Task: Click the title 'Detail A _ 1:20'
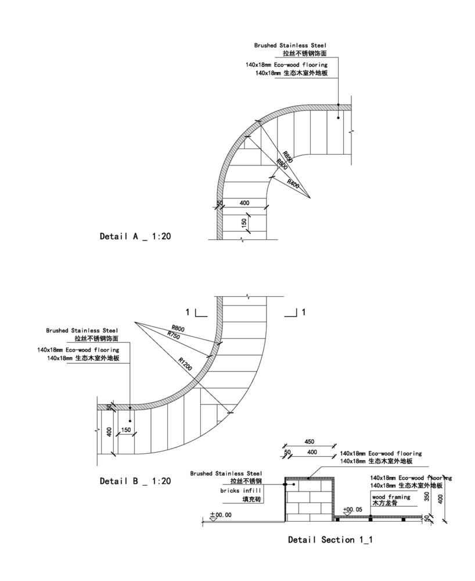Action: (135, 236)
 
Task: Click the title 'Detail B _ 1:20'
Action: (135, 481)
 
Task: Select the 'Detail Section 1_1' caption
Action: (330, 540)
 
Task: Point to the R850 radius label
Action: (288, 157)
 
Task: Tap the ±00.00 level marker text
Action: (221, 515)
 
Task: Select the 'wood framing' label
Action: (391, 497)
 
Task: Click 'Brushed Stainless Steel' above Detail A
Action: (290, 45)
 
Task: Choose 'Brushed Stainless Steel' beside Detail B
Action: (82, 331)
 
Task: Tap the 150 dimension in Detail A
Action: (245, 222)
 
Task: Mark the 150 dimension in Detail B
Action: (126, 431)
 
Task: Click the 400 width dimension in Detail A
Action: (244, 203)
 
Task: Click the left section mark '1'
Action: (188, 312)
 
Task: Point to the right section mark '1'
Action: (303, 312)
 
